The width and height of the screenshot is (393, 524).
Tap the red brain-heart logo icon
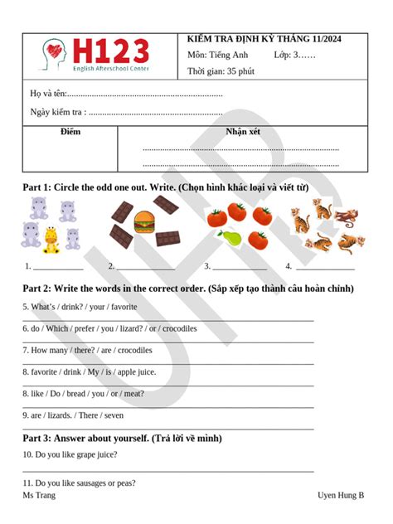pos(55,55)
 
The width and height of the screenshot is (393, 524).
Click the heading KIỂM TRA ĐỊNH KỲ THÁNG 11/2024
pos(264,40)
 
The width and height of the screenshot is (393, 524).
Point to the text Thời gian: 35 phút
pos(221,71)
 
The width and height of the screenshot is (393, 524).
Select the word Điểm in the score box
pos(70,132)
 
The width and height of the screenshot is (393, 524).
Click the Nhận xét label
pos(242,132)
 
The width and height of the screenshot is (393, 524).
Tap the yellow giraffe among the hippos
pos(51,239)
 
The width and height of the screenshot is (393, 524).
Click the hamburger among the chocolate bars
pos(145,222)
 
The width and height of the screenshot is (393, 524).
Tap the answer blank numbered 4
pos(325,268)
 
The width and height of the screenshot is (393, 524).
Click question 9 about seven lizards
pos(73,415)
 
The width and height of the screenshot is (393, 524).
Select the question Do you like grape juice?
pos(70,454)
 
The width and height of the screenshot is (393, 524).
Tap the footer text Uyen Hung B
pos(341,495)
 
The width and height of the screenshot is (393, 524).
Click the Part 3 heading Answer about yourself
pos(122,438)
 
